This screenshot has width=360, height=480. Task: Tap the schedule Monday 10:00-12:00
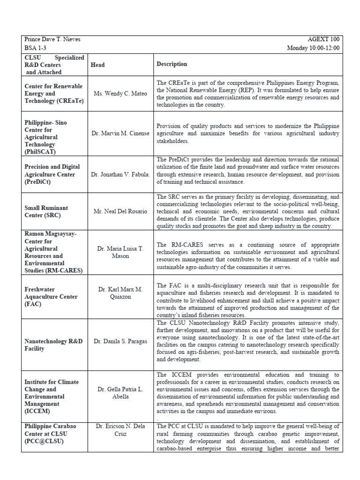pos(314,48)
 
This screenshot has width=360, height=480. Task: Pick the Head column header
pos(97,65)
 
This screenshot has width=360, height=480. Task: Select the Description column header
pos(172,64)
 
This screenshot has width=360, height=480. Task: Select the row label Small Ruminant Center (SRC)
pos(46,211)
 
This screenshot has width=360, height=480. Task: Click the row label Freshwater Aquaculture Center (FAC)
pos(51,297)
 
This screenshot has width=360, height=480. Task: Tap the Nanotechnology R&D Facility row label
pos(53,345)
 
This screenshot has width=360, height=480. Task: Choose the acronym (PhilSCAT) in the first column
pos(40,152)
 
